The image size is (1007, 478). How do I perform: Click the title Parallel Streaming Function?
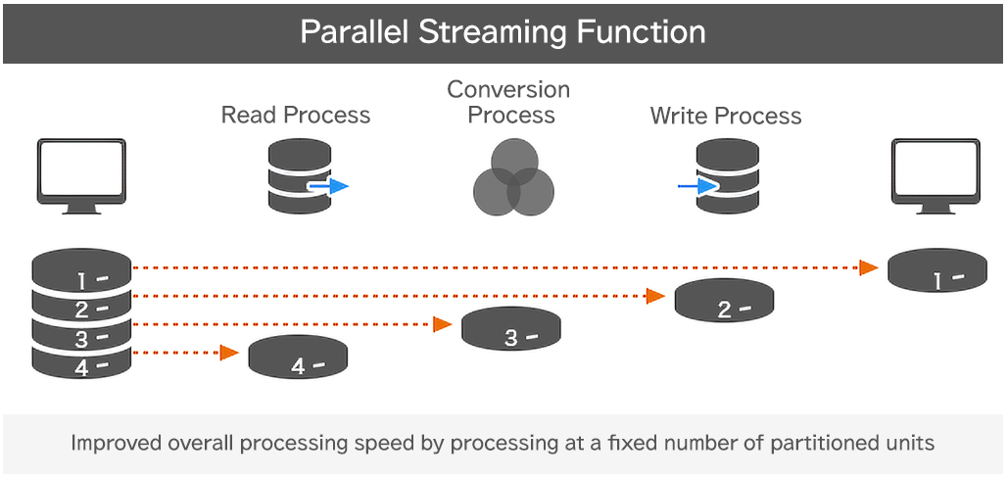point(503,31)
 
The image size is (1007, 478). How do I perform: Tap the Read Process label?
point(296,116)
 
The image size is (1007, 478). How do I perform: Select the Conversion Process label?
point(508,103)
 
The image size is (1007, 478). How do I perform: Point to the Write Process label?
point(726,117)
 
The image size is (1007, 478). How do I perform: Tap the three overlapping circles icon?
point(513,176)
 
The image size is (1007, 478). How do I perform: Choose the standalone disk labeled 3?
point(510,329)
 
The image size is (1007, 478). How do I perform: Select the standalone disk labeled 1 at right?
point(936,271)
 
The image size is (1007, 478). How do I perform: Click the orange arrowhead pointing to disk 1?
point(868,267)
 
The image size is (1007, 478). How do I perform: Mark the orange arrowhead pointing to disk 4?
point(229,353)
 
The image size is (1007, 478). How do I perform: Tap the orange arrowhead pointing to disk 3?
point(443,324)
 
